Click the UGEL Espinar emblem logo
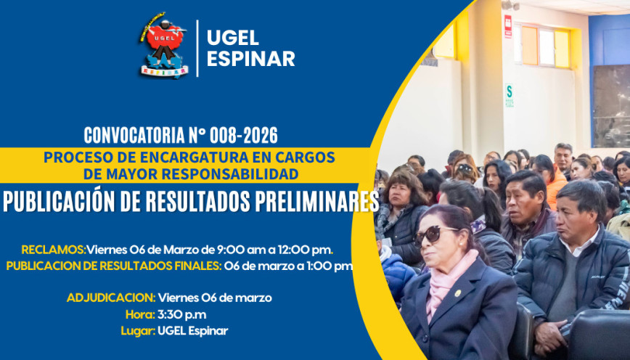coord(163,45)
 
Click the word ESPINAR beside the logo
coord(250,59)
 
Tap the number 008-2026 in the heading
coord(243,136)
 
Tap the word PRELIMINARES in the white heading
coord(317,202)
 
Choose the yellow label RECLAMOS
coord(54,250)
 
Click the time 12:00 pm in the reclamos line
coord(305,250)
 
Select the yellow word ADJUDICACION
coord(111,298)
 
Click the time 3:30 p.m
coord(181,314)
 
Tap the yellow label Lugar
coord(138,331)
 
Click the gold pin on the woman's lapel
coord(458,293)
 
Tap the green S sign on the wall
coord(509,95)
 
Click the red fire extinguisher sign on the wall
coord(508,27)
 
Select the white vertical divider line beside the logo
coord(197,48)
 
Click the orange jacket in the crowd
coord(557,185)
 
